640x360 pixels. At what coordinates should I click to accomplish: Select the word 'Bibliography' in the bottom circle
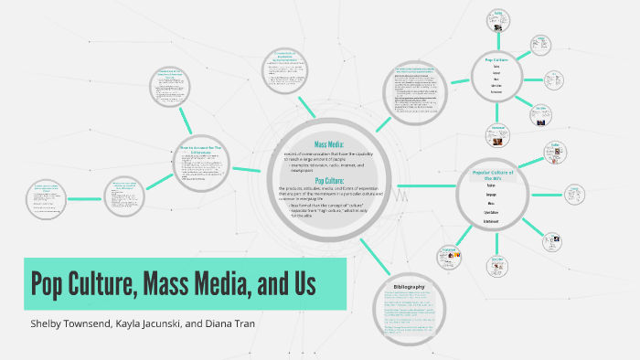pos(409,287)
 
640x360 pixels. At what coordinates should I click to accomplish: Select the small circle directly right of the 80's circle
pos(574,193)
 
